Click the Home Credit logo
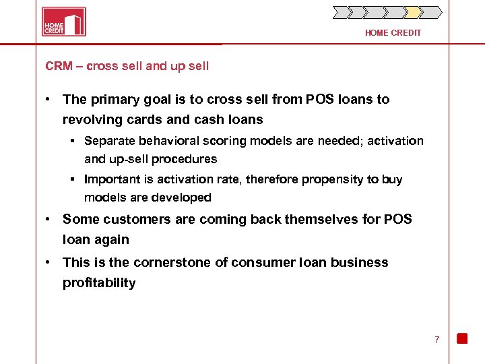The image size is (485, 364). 63,22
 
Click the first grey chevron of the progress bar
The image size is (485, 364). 342,12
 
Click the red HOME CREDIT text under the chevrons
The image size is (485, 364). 393,33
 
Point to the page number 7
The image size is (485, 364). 437,340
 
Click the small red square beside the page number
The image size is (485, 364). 462,338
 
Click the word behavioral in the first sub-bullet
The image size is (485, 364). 162,141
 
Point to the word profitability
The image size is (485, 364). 99,282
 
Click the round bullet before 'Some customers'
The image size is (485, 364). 49,219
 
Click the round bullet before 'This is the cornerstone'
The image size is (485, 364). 49,262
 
